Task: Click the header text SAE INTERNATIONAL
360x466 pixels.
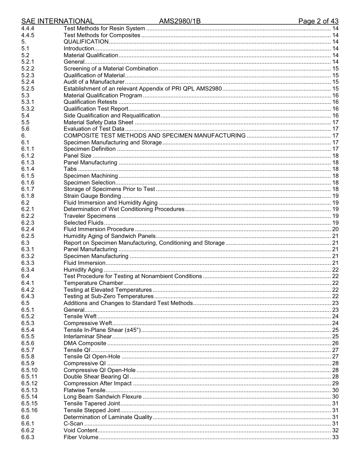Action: click(58, 21)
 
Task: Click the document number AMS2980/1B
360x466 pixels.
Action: click(180, 21)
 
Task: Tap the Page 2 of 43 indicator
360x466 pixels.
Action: click(318, 21)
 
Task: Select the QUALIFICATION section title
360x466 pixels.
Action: click(86, 42)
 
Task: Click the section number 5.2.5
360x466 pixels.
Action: click(28, 89)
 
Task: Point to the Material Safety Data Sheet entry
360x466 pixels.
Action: click(98, 122)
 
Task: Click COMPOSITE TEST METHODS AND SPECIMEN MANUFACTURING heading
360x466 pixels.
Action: click(154, 136)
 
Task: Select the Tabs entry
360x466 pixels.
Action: click(70, 169)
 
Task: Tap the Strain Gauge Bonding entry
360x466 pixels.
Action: click(92, 196)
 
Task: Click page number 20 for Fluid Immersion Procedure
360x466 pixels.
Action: click(335, 229)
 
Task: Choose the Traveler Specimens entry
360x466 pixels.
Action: click(89, 216)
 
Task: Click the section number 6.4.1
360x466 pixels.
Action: click(28, 283)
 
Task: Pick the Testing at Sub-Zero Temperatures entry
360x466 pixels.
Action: click(108, 296)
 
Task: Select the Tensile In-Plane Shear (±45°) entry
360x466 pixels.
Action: click(102, 330)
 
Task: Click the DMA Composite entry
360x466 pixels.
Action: click(85, 343)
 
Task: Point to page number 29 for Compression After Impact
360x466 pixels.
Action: click(335, 383)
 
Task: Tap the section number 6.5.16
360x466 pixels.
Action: click(29, 410)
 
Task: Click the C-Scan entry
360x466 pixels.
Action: click(73, 424)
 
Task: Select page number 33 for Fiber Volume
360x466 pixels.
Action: click(335, 437)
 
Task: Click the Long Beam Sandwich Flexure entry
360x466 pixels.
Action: click(102, 397)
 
